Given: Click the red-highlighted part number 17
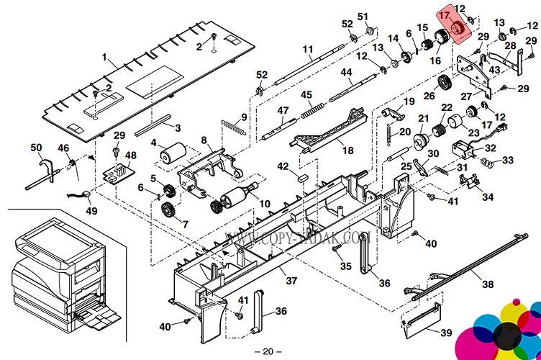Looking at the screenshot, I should [445, 14].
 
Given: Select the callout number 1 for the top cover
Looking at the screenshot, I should [104, 57].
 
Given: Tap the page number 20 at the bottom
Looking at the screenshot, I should [268, 351].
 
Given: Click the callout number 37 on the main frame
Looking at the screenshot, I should [291, 280].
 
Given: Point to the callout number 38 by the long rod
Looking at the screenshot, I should [488, 284].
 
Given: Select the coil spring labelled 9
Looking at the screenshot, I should [232, 128].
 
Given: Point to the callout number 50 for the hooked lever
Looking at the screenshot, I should [36, 148].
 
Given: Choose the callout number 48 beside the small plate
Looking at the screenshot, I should [130, 156].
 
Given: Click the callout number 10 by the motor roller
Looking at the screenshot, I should [265, 204].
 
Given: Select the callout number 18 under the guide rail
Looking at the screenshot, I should [348, 150].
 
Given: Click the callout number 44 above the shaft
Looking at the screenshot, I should [346, 72].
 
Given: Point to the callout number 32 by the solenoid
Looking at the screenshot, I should [491, 148].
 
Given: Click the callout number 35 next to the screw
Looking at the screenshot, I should [345, 266].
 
